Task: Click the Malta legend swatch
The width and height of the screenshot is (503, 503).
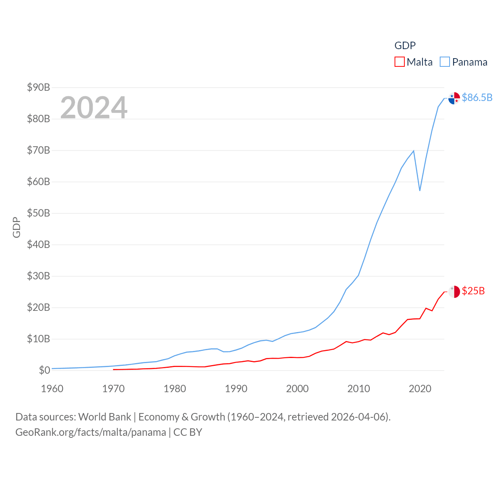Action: [399, 62]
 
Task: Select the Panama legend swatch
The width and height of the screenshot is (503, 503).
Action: [444, 62]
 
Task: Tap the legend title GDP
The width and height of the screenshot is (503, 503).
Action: [405, 46]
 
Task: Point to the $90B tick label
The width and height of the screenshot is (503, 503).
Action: [39, 87]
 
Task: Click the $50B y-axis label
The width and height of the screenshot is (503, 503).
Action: [39, 213]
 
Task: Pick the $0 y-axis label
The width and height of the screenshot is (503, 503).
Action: [44, 370]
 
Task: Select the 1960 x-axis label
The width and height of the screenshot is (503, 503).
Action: [52, 389]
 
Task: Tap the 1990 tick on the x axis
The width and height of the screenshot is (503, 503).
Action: [236, 389]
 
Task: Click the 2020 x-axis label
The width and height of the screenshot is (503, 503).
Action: [420, 389]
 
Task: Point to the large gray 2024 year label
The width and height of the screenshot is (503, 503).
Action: [94, 107]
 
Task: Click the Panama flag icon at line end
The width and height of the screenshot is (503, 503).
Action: [454, 98]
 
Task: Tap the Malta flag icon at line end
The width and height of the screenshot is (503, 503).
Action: [454, 292]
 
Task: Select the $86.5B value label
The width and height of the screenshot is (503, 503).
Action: [477, 97]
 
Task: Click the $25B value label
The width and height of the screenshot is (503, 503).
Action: [473, 291]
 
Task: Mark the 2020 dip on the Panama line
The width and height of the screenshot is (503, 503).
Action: [420, 191]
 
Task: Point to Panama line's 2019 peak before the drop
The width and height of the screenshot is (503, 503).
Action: [413, 151]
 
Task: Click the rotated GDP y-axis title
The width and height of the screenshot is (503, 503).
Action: [17, 227]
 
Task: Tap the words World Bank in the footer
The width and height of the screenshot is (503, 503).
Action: [105, 417]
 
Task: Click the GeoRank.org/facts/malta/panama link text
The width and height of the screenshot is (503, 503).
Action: [91, 432]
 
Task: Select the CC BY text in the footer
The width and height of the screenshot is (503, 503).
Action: [187, 432]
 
